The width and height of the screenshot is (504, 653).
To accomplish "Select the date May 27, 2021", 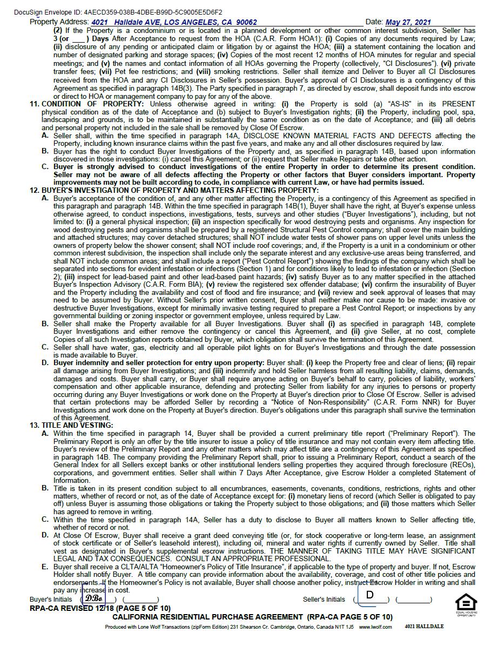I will pos(408,22).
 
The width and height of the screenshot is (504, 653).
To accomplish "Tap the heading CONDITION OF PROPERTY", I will pos(92,104).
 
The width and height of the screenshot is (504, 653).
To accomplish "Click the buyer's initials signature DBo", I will pos(93,598).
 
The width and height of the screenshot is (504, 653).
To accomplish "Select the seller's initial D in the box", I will pos(370,595).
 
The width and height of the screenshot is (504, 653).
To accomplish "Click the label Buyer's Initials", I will pos(51,600).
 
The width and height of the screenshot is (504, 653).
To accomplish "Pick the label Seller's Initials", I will pos(324,600).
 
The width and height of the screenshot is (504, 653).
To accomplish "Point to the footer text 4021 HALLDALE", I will pos(424,627).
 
